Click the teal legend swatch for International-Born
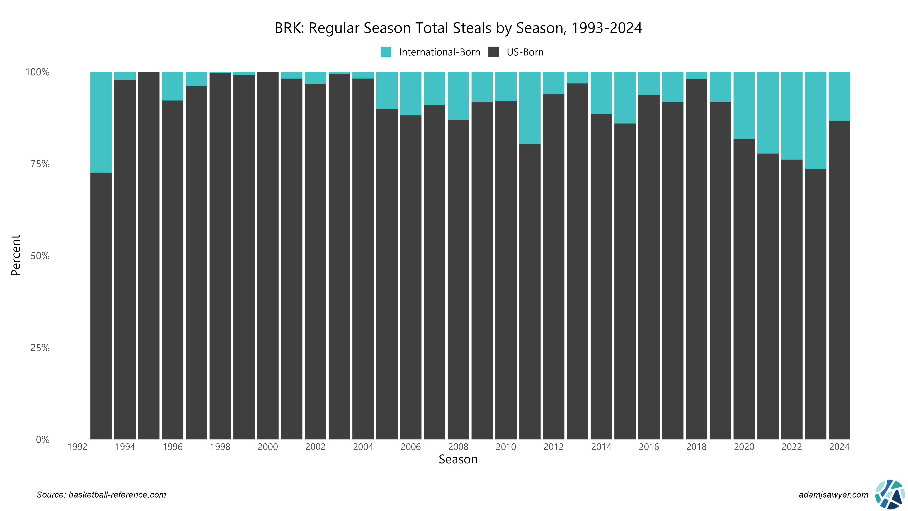point(386,52)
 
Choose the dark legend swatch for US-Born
point(494,52)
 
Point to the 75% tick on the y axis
point(40,164)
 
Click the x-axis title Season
point(458,460)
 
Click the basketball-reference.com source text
point(117,495)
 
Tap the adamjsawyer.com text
point(833,495)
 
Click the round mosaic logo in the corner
point(890,494)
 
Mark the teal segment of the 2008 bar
point(458,96)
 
